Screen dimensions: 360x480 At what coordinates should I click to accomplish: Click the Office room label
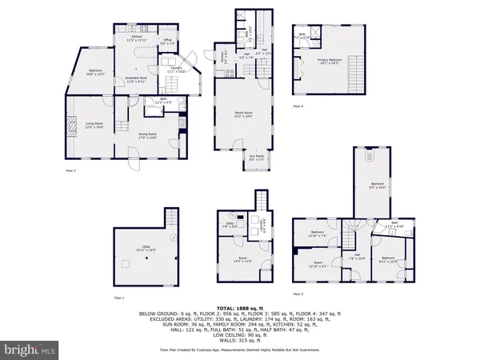168,42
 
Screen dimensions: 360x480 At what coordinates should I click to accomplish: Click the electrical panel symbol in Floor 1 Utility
173,238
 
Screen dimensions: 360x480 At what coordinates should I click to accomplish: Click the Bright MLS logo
30,349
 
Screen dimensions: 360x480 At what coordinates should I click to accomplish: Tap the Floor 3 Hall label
358,258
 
